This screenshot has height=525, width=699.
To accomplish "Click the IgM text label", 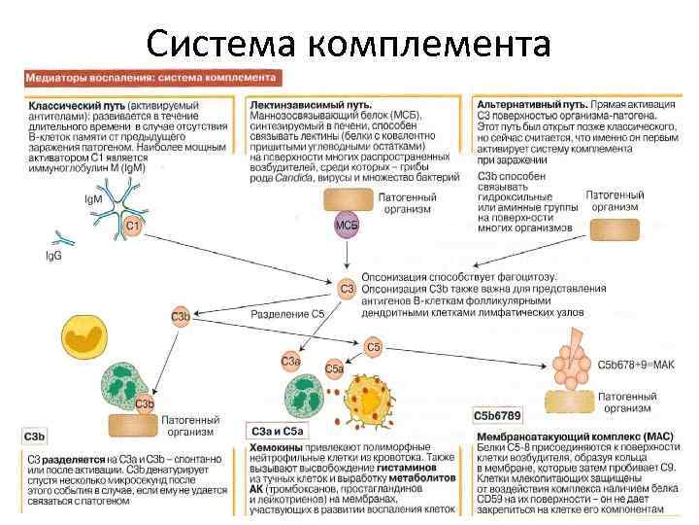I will pyautogui.click(x=94, y=199).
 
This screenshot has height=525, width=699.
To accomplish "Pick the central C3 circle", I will pyautogui.click(x=347, y=289).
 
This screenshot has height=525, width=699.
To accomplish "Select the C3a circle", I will pyautogui.click(x=289, y=362).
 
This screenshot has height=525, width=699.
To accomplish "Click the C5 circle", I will pyautogui.click(x=374, y=346).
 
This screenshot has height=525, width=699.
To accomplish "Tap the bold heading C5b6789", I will pyautogui.click(x=497, y=415).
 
